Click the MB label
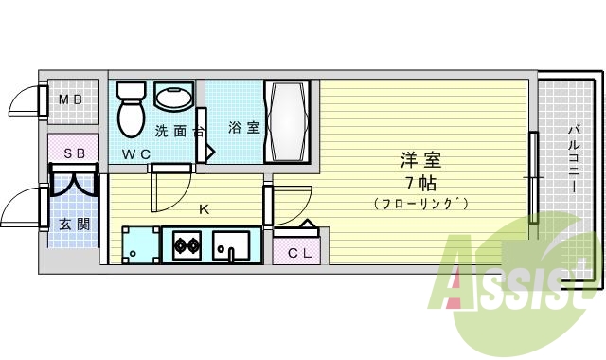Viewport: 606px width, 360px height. [x=71, y=99]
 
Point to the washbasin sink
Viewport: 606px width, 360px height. [x=173, y=97]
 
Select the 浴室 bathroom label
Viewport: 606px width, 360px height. [x=244, y=128]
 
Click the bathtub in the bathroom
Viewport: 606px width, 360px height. [x=288, y=121]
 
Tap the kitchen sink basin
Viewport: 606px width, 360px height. [x=230, y=248]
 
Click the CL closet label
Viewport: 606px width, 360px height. [x=298, y=253]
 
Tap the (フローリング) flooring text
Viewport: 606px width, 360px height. [x=420, y=204]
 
